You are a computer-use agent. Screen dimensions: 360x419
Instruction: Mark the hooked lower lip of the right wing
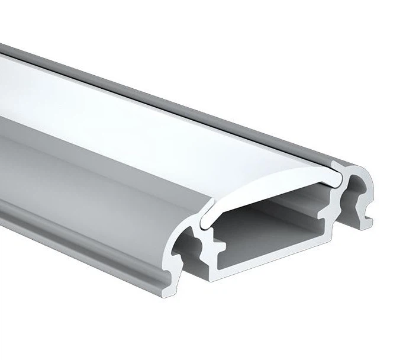(x=368, y=220)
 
